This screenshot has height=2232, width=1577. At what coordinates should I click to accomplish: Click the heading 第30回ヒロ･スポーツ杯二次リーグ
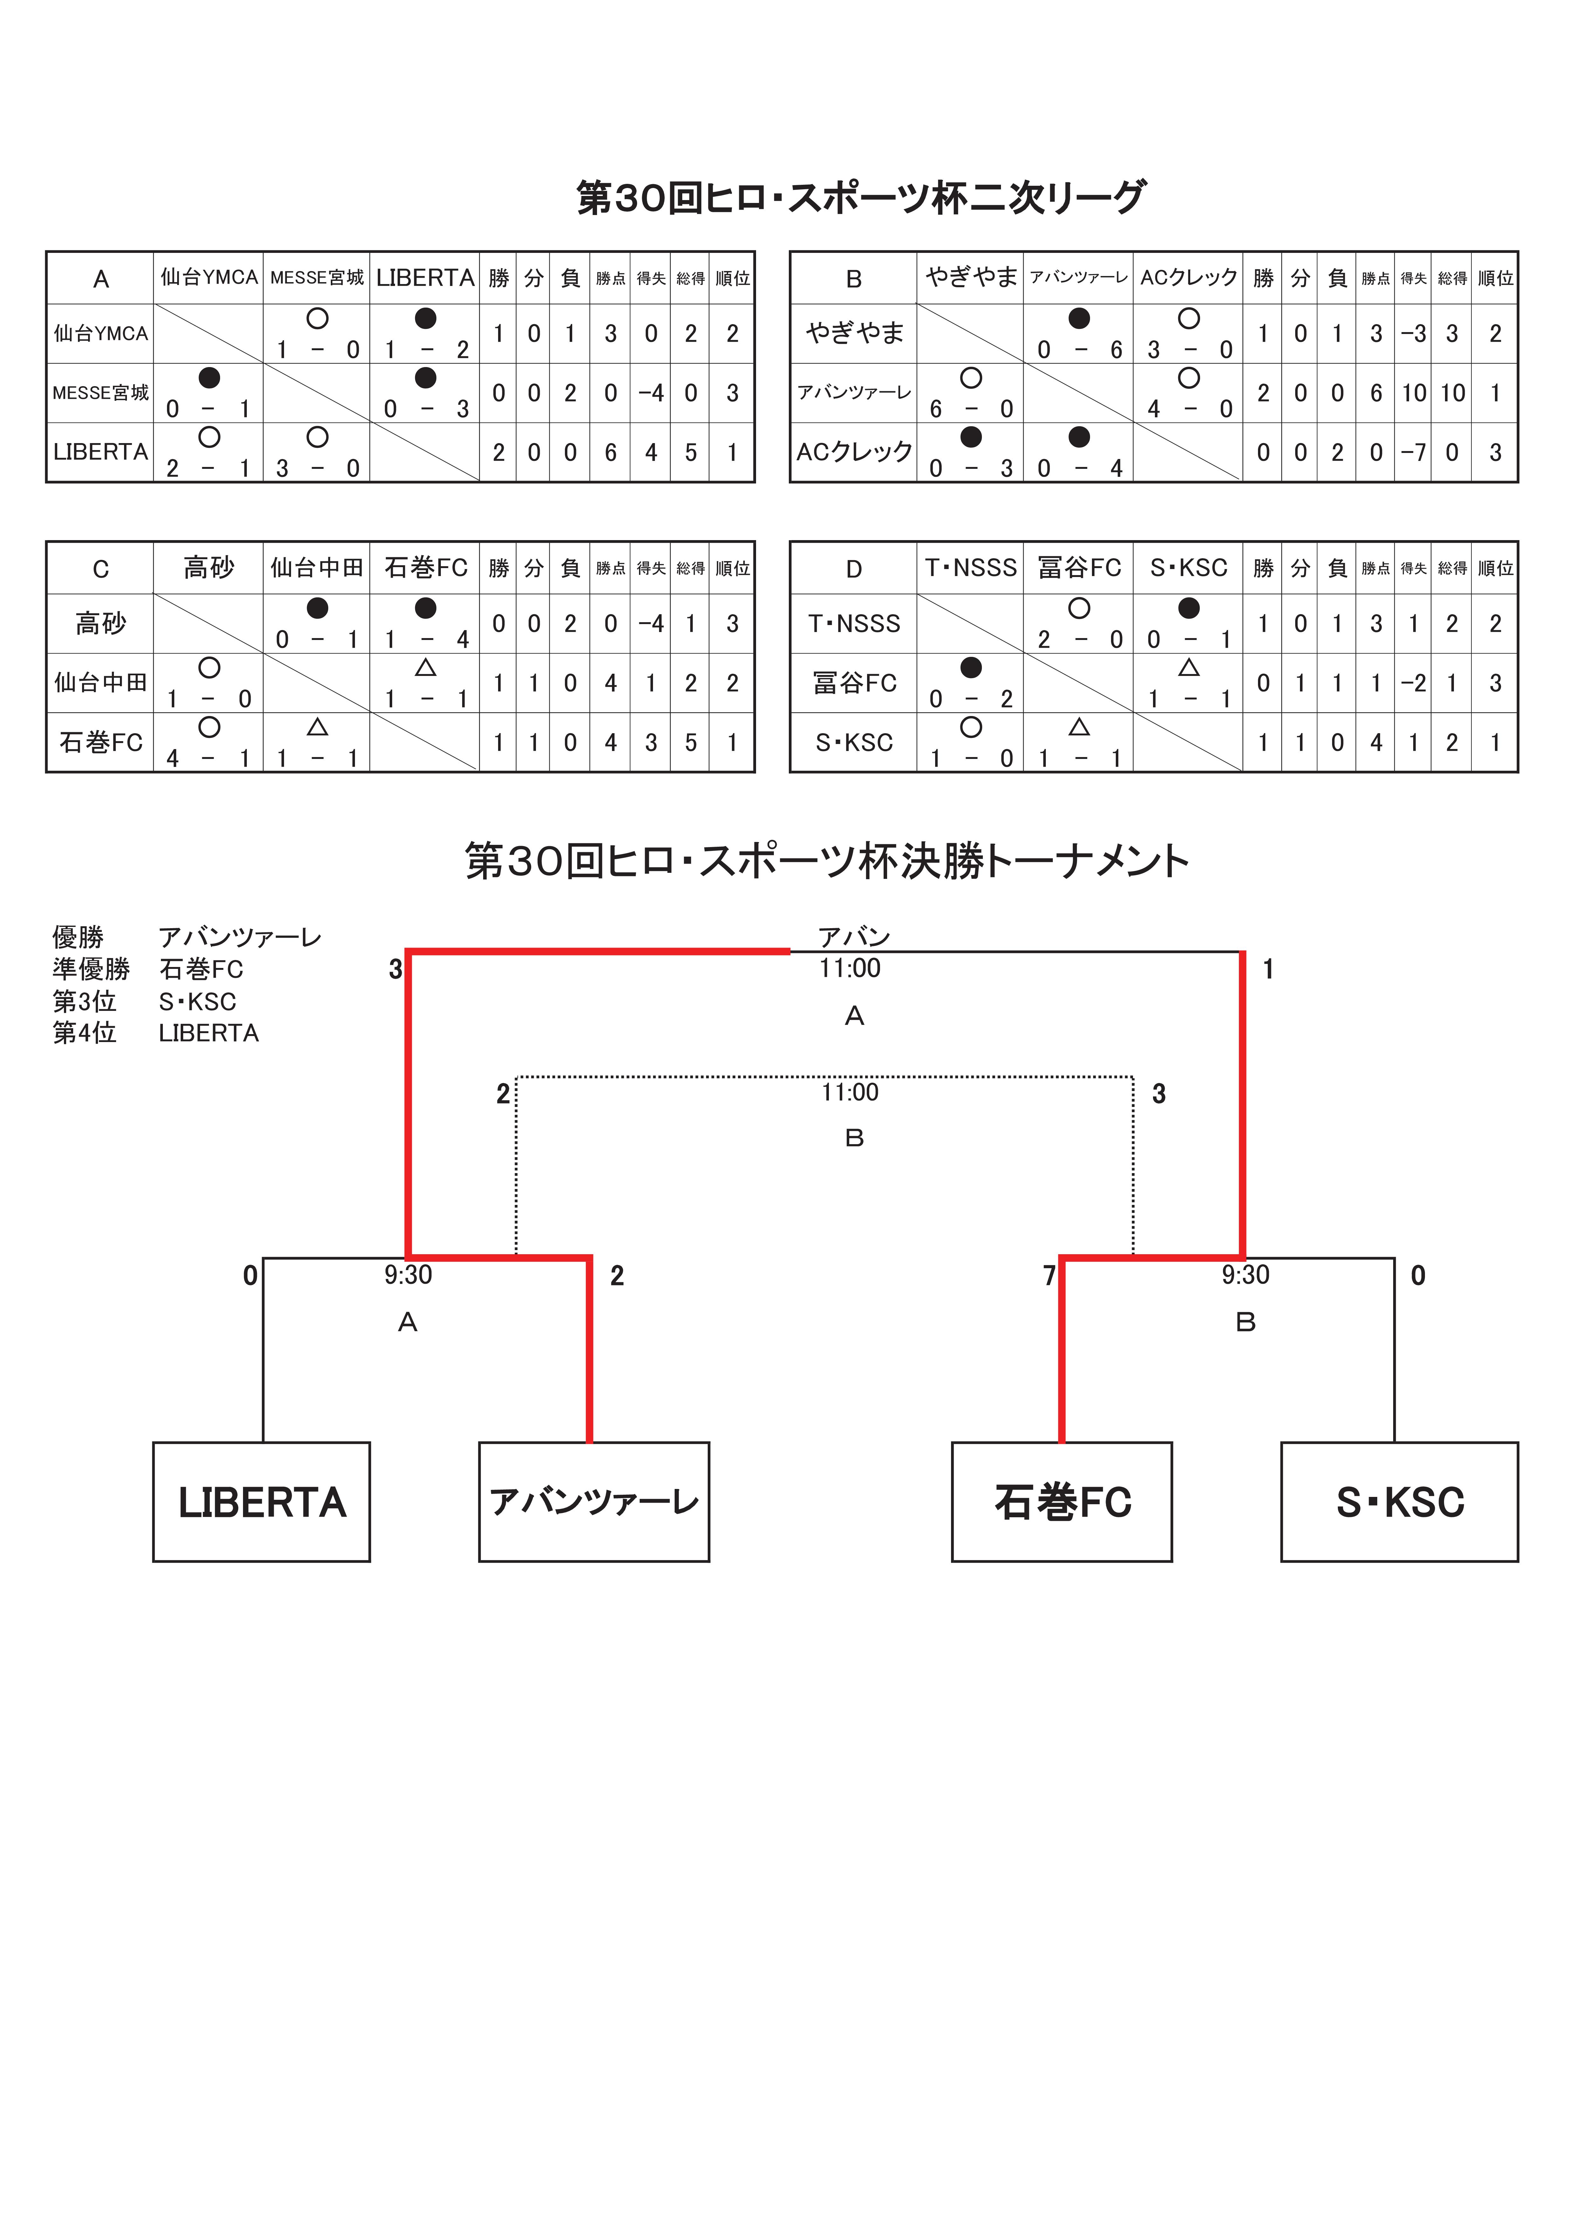[861, 197]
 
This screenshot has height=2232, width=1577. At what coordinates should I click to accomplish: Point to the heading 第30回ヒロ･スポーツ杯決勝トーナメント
[827, 861]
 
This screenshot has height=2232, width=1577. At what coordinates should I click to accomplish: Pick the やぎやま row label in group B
[855, 333]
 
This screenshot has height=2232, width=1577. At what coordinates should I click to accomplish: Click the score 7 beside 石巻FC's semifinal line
[1049, 1276]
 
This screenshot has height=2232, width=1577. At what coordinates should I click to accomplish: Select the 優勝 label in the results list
[78, 937]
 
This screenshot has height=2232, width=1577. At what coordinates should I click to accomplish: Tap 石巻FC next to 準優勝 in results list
[201, 969]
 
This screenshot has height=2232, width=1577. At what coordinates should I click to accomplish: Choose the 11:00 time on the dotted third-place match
[850, 1093]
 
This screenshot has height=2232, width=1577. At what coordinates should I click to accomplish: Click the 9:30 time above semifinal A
[408, 1275]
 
